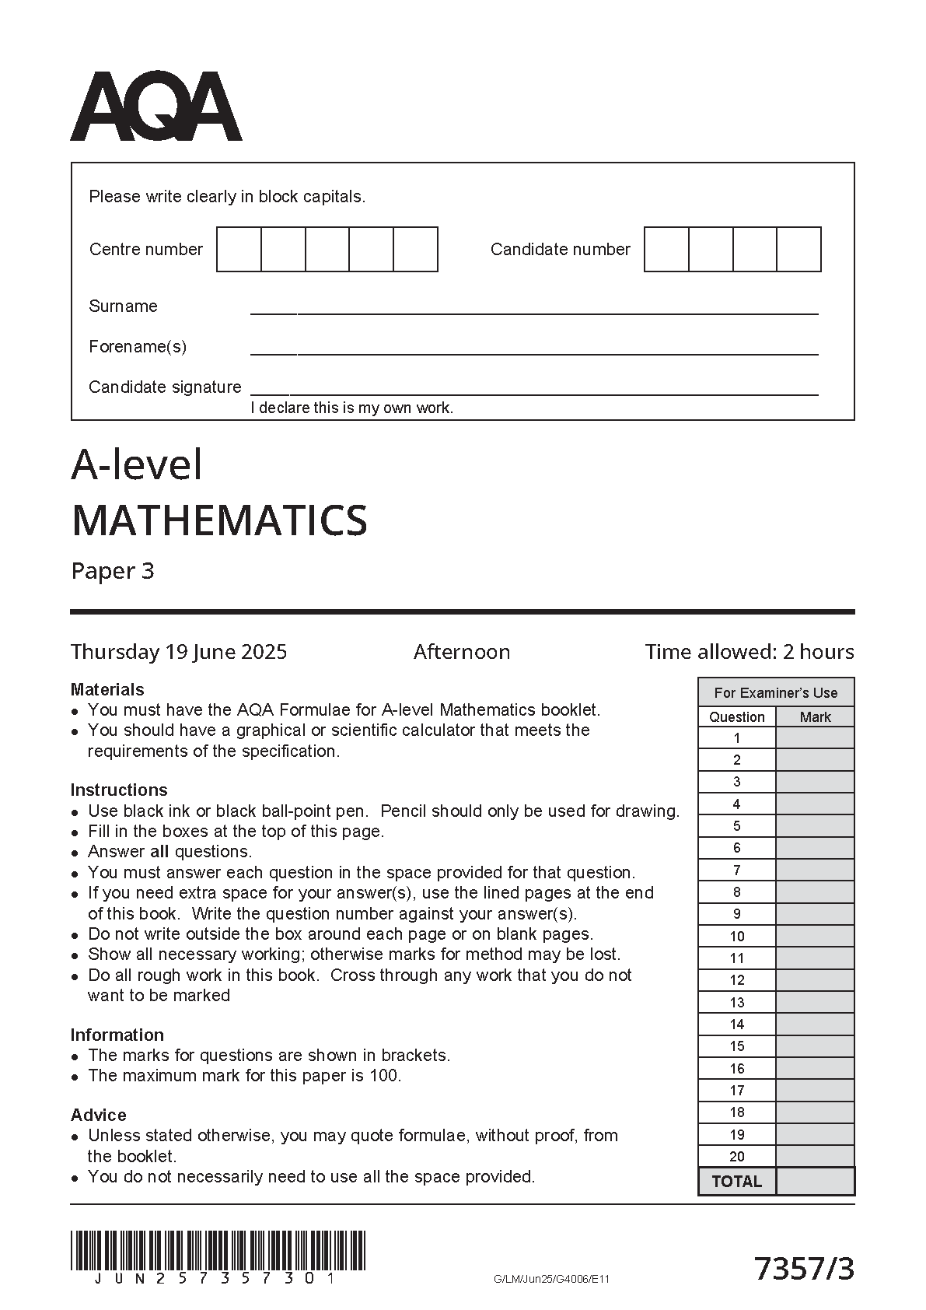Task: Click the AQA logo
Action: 156,107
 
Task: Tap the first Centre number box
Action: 239,249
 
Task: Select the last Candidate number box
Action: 799,249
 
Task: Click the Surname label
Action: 123,306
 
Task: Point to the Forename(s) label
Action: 138,346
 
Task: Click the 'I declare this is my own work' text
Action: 351,408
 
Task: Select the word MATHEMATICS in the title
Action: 219,520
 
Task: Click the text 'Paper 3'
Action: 113,571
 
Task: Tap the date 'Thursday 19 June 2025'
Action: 179,652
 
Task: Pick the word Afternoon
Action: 462,652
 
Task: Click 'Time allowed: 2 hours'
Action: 750,652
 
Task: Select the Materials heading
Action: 107,689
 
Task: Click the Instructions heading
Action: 119,790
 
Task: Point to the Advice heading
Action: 98,1115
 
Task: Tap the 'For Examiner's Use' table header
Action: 776,692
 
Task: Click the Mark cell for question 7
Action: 815,870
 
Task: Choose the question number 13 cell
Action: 737,1003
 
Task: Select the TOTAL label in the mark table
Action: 737,1182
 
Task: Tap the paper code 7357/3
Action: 804,1269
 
